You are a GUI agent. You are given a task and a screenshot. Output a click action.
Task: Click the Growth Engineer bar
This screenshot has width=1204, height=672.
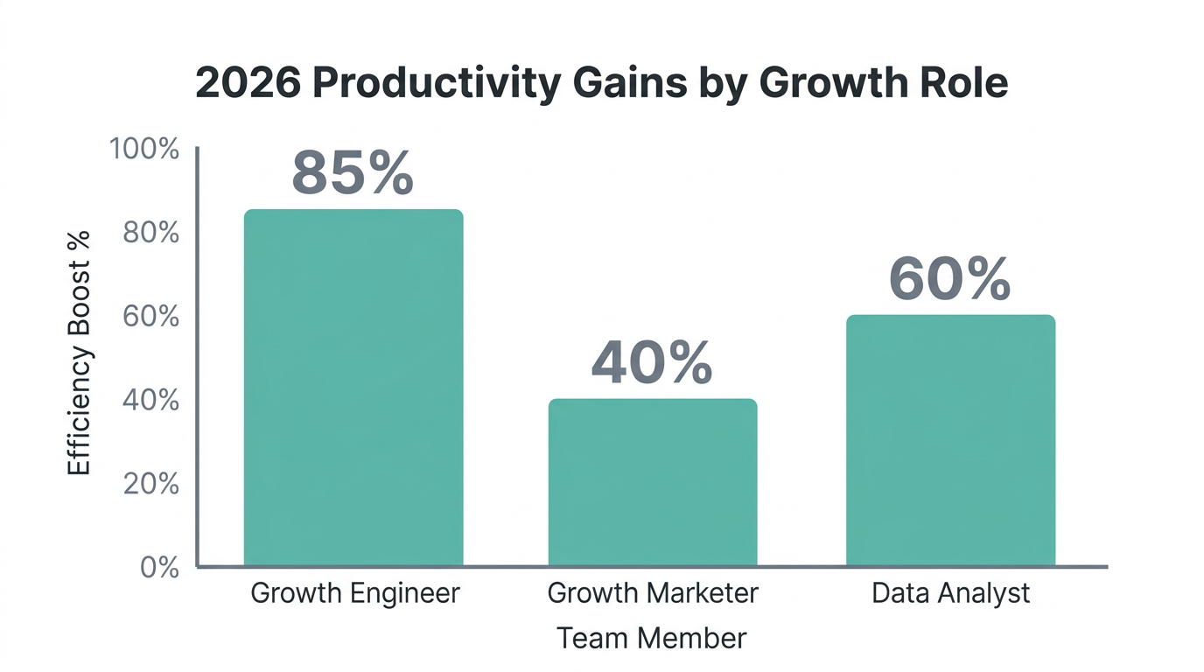pos(353,388)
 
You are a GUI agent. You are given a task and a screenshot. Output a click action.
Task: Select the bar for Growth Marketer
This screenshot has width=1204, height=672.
pos(653,482)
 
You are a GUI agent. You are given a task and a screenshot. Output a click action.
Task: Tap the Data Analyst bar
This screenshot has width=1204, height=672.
pos(950,440)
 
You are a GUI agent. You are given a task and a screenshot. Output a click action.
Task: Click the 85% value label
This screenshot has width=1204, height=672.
pos(352,172)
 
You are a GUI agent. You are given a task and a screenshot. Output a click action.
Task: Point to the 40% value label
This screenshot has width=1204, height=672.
pos(652,363)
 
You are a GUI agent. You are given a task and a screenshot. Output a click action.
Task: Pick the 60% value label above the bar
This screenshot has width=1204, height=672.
pos(949,280)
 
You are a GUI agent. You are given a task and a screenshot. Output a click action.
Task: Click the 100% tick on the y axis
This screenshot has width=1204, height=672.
pos(143,150)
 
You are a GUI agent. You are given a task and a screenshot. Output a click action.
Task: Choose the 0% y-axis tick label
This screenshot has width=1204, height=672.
pos(158,567)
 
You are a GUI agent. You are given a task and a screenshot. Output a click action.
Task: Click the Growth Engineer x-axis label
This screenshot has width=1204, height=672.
pos(354,593)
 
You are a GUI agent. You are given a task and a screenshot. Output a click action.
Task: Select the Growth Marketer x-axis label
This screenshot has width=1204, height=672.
pos(653,593)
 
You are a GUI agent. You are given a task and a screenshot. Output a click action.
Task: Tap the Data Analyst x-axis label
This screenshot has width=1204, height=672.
pos(951,593)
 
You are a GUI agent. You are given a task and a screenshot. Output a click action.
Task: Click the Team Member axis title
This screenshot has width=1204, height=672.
pos(652,638)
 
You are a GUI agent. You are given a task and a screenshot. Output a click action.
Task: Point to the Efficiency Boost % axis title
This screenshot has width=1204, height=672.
pos(80,353)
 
